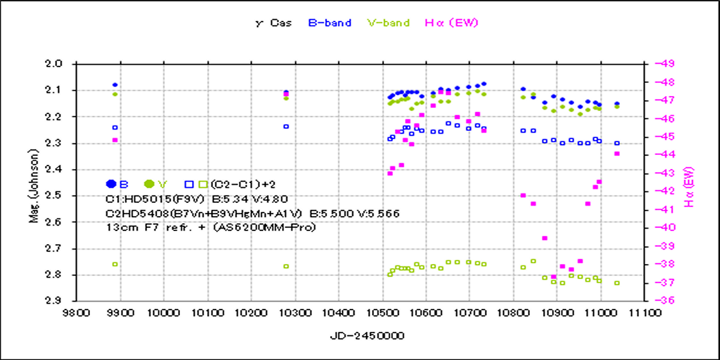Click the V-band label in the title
388,23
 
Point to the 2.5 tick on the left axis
61,196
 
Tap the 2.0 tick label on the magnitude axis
61,64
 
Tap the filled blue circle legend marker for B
111,184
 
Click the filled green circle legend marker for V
149,184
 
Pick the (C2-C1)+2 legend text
244,184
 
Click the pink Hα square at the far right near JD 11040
617,154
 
